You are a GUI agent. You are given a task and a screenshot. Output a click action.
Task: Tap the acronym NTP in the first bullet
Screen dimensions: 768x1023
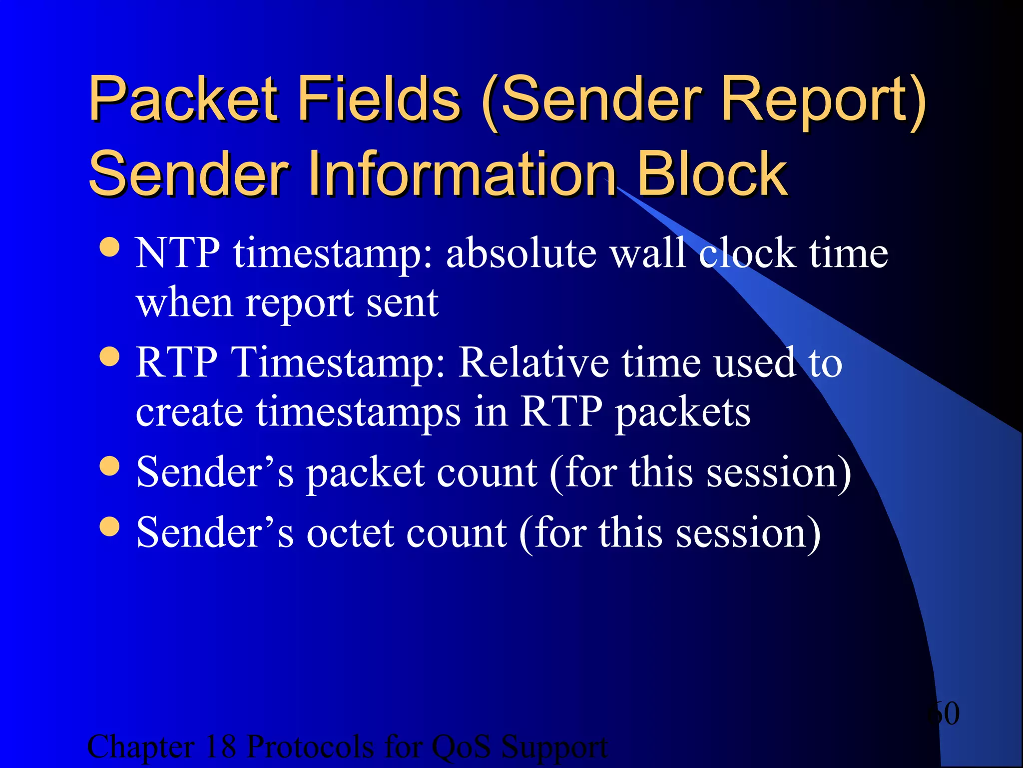(x=177, y=253)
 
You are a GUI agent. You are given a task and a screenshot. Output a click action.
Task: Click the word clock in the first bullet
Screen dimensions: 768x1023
(x=747, y=253)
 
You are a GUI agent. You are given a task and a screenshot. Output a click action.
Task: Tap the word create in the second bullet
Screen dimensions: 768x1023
(x=190, y=412)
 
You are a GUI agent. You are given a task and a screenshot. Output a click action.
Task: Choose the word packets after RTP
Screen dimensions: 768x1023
(x=682, y=412)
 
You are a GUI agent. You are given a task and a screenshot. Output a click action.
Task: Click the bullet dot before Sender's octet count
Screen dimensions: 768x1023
(x=109, y=526)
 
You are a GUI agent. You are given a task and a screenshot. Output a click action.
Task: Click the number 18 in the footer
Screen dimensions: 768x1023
(x=220, y=747)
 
